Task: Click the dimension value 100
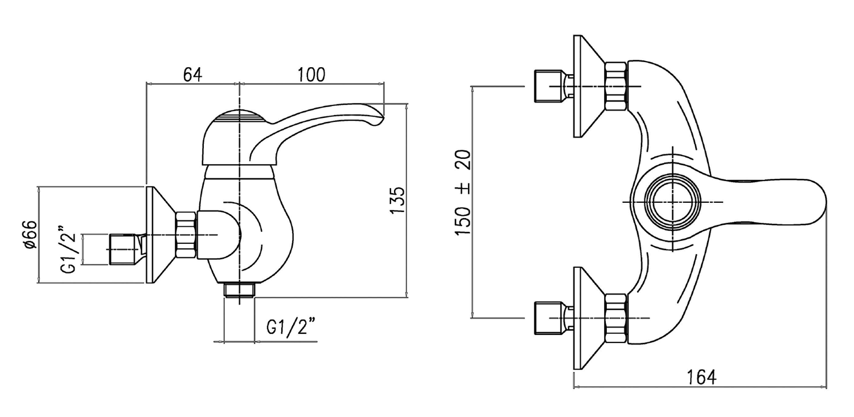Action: click(x=311, y=75)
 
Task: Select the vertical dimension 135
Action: click(x=398, y=200)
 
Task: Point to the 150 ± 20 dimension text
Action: click(x=463, y=194)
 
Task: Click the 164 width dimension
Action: click(x=701, y=377)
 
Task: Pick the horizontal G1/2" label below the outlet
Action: click(x=291, y=328)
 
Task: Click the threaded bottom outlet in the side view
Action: click(x=239, y=290)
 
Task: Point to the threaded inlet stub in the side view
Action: click(x=124, y=250)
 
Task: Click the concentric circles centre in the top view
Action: click(x=672, y=203)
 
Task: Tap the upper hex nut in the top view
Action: click(x=616, y=87)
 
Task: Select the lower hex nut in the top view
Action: click(x=616, y=318)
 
